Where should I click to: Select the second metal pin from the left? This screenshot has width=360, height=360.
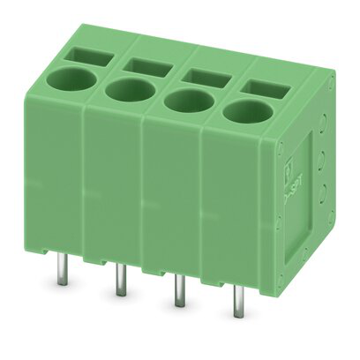120,280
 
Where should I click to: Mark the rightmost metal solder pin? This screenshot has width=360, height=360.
237,304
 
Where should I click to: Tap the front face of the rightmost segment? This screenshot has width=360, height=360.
234,203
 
